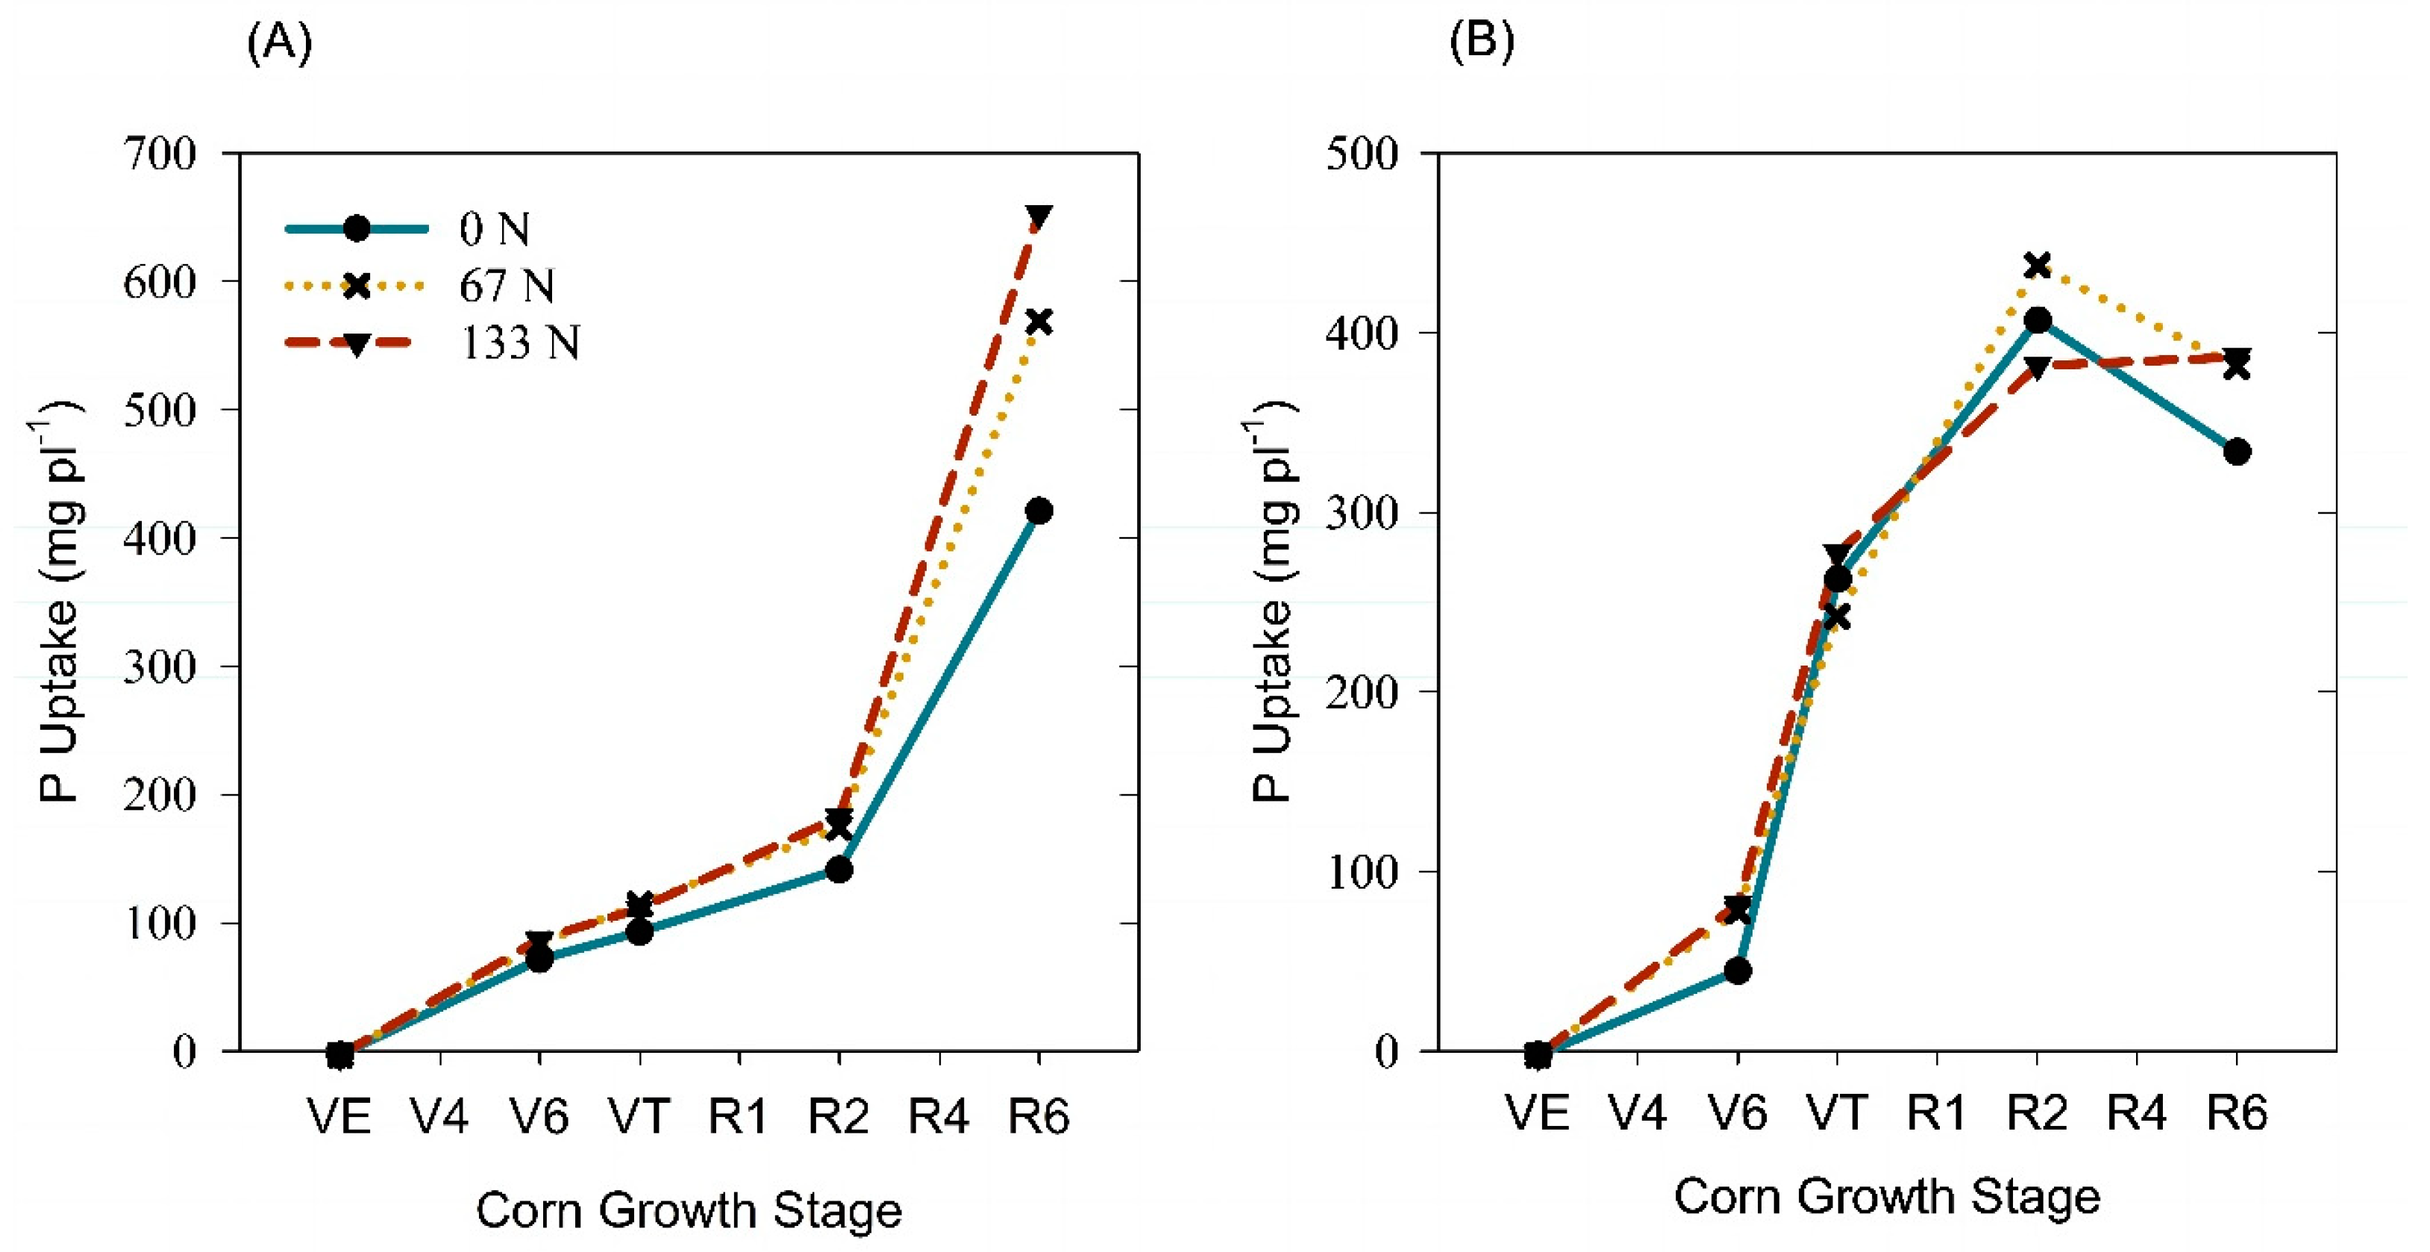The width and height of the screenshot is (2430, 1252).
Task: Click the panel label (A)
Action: pos(279,43)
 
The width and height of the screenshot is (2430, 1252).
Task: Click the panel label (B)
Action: pos(1482,42)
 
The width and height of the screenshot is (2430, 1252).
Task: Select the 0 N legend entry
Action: pos(493,229)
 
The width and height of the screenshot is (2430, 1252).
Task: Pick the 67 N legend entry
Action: pos(506,286)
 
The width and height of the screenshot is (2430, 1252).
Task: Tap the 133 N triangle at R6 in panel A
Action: pos(1039,217)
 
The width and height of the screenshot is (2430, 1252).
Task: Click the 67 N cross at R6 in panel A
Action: pos(1039,322)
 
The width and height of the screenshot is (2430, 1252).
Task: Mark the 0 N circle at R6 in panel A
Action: pos(1039,511)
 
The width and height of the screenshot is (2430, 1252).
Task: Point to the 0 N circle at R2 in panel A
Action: pos(839,869)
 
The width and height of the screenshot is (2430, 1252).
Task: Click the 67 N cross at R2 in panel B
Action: pos(2038,265)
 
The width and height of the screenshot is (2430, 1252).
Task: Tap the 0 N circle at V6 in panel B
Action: pos(1738,971)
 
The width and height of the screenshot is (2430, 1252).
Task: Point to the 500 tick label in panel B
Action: pos(1361,153)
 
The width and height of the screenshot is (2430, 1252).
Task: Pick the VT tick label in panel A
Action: pos(639,1117)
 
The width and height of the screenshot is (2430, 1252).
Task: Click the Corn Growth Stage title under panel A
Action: pos(689,1210)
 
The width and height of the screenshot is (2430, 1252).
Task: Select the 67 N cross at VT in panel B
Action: pos(1837,617)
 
